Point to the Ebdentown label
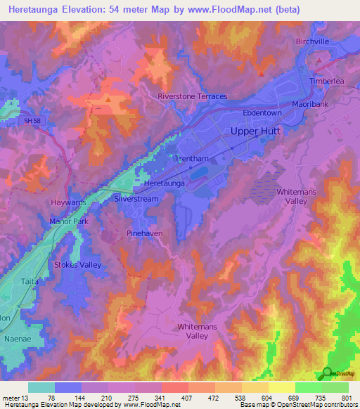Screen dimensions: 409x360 (x=262, y=112)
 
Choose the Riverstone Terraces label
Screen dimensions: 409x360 (x=193, y=96)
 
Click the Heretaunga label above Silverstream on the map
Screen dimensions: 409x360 (x=164, y=183)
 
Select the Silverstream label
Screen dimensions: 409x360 (x=136, y=199)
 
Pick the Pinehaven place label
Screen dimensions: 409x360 (x=145, y=232)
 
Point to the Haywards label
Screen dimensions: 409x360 (x=68, y=202)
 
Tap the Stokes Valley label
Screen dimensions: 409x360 (x=78, y=265)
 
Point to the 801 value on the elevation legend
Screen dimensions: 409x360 (x=347, y=398)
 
